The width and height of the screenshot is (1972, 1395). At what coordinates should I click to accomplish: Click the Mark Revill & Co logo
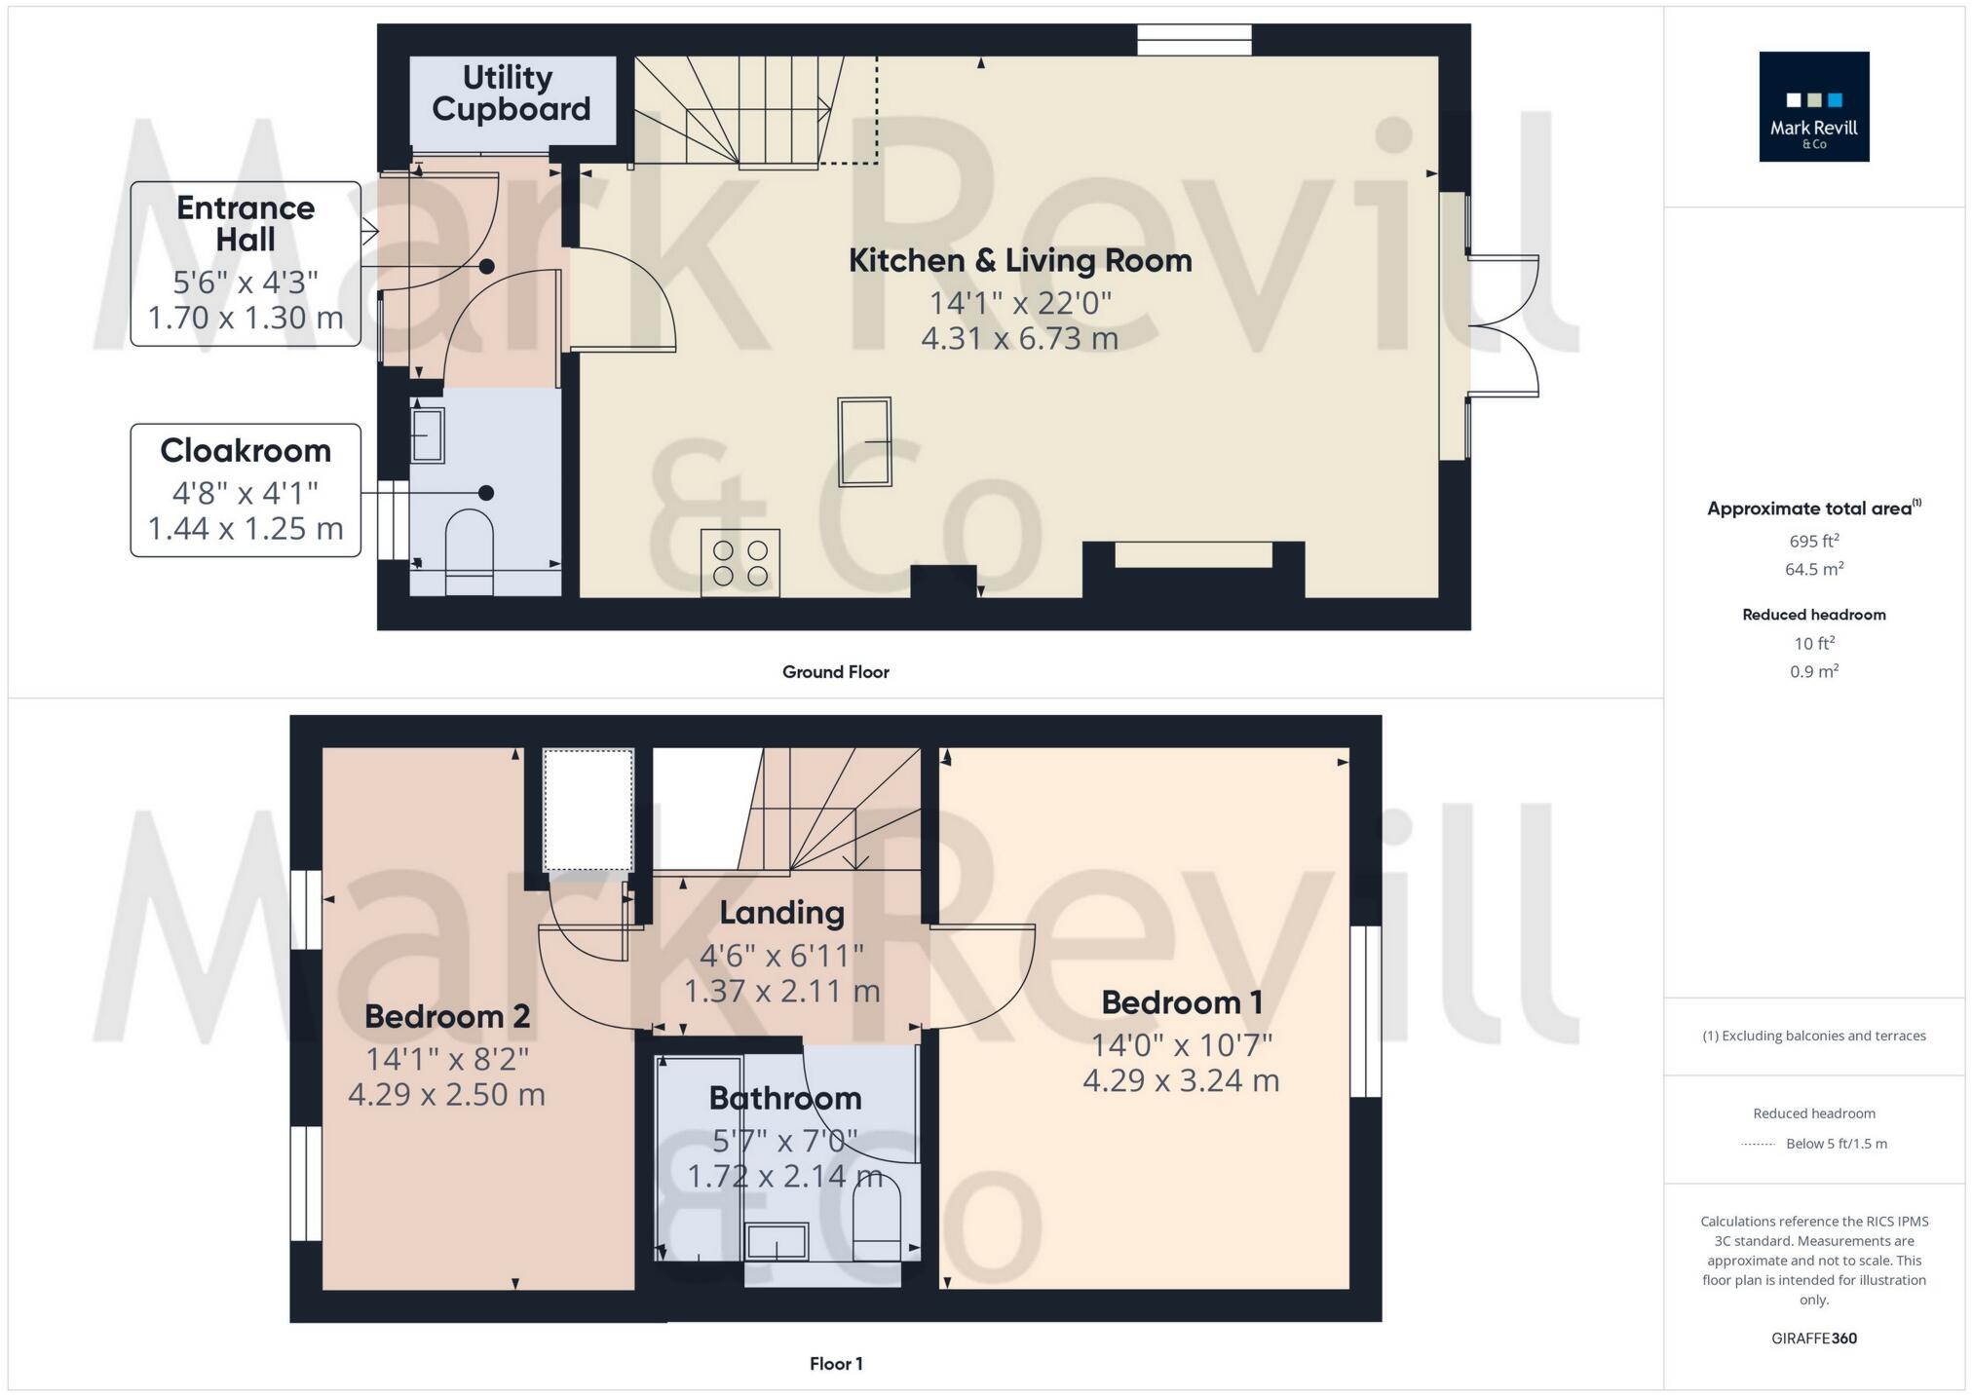tap(1813, 106)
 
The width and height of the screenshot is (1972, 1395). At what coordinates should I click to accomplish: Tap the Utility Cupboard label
tap(511, 93)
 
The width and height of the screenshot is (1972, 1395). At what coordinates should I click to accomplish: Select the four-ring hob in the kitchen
tap(740, 562)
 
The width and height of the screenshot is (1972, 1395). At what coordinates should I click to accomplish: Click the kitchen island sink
tap(864, 441)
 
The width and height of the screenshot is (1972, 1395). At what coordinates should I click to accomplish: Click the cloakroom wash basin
tap(428, 434)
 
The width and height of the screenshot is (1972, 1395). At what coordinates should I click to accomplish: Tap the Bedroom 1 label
tap(1181, 1001)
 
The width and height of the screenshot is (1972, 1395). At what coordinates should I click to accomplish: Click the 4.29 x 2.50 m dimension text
tap(446, 1094)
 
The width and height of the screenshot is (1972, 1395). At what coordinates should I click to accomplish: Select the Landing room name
tap(781, 912)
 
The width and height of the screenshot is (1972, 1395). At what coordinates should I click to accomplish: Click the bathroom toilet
tap(876, 1222)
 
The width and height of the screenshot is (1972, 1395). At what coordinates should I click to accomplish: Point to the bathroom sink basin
tap(777, 1242)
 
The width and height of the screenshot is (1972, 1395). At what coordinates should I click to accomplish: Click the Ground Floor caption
tap(835, 671)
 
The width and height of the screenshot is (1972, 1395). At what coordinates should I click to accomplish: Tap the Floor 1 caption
tap(835, 1363)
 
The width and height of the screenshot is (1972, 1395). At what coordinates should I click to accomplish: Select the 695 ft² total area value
tap(1813, 541)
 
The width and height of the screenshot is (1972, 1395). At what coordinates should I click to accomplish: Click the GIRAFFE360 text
tap(1813, 1338)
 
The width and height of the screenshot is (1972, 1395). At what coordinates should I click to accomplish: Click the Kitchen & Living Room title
tap(1019, 260)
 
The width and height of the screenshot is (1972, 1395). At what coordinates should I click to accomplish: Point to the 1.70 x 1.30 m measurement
tap(246, 318)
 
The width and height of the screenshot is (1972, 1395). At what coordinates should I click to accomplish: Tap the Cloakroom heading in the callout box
tap(246, 450)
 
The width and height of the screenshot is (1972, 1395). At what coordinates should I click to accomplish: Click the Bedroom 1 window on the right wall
tap(1365, 1010)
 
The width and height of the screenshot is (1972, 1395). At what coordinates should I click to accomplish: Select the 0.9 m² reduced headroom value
tap(1813, 671)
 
